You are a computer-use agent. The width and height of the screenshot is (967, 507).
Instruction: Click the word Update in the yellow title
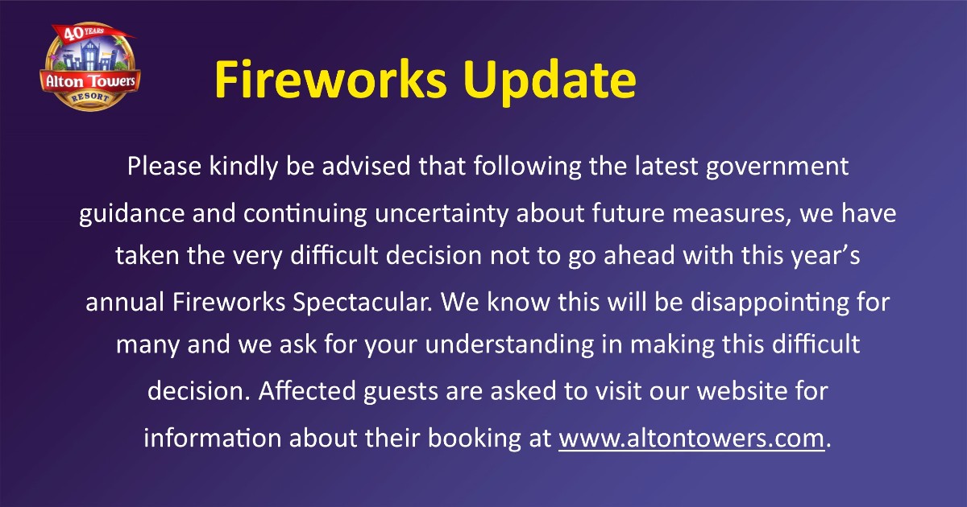point(550,80)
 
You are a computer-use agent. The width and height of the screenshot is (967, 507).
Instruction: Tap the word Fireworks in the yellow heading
point(330,80)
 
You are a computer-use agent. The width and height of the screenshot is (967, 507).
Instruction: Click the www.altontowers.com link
point(691,438)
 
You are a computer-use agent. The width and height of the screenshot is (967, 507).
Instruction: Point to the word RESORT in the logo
point(90,97)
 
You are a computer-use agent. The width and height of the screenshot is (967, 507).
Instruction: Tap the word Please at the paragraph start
point(164,167)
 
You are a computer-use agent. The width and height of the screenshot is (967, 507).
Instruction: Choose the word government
point(778,167)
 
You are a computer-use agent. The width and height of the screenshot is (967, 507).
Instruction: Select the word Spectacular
point(363,303)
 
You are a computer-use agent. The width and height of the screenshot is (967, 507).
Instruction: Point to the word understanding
point(509,345)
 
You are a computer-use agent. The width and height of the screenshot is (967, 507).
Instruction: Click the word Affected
point(306,390)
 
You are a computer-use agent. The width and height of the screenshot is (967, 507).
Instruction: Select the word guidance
point(131,214)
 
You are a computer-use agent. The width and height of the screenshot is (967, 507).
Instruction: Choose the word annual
point(125,302)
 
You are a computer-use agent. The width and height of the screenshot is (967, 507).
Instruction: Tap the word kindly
point(243,167)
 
